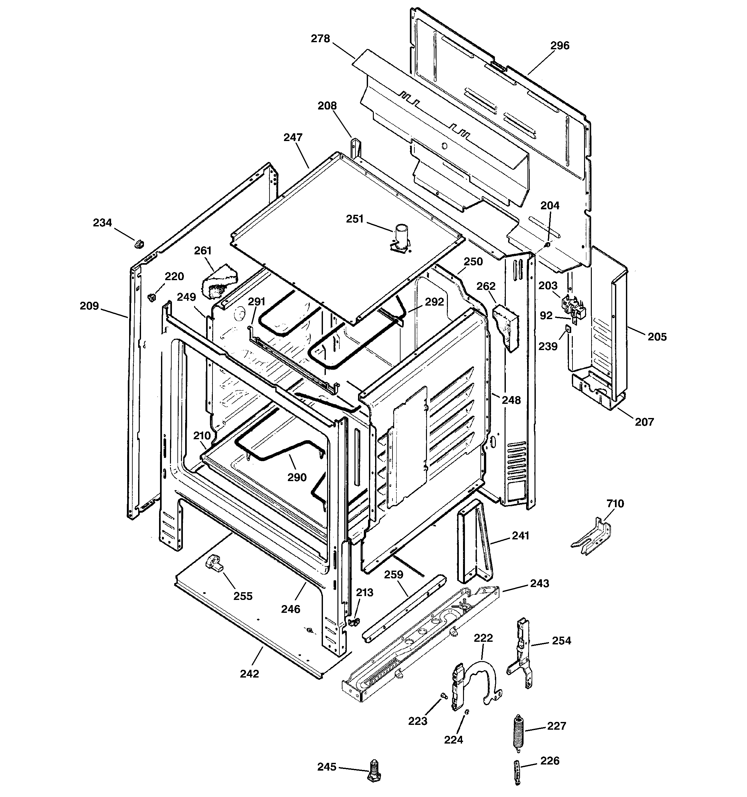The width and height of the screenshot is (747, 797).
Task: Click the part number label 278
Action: (x=320, y=39)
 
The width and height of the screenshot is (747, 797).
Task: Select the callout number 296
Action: (x=559, y=46)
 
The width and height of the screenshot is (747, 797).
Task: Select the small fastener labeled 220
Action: (x=152, y=297)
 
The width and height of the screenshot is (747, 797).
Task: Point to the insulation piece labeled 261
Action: (x=220, y=280)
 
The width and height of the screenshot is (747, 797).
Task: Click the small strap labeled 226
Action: (x=517, y=772)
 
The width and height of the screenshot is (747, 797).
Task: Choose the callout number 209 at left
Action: (x=89, y=306)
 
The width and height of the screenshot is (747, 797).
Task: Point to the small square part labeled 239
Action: (x=568, y=329)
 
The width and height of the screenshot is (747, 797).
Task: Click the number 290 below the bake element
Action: (x=297, y=477)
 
